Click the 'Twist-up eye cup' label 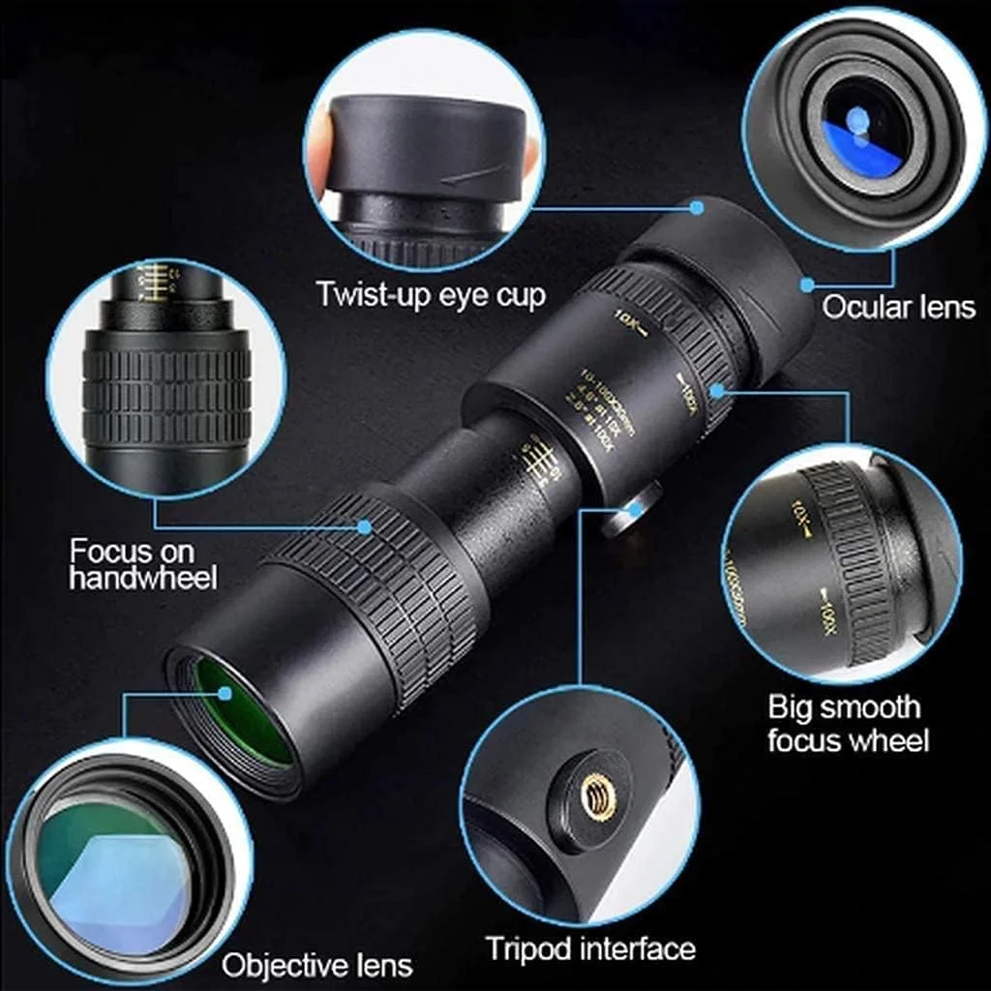coord(431,294)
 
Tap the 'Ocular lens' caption coord(898,308)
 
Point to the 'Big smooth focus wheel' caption coord(848,724)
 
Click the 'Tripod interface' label coord(590,948)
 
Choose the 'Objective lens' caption coord(316,965)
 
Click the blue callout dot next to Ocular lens coord(806,285)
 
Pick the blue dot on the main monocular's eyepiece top coord(697,206)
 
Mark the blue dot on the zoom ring coord(717,389)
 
